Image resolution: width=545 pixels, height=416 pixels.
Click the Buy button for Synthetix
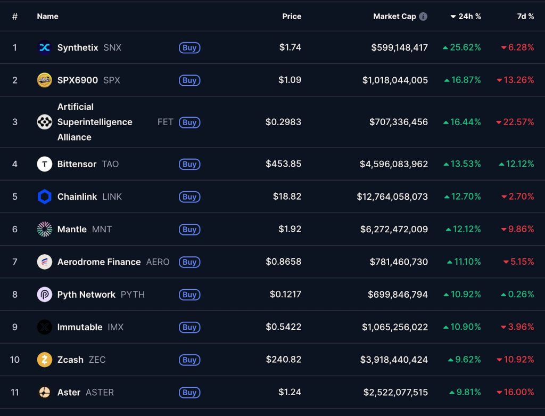click(189, 47)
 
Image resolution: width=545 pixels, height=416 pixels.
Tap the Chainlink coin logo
click(44, 197)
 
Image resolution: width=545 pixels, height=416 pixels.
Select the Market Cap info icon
click(423, 17)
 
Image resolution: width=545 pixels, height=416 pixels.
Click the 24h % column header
click(466, 17)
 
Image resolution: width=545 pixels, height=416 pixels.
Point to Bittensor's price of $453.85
click(283, 164)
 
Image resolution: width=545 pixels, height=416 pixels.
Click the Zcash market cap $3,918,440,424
click(394, 360)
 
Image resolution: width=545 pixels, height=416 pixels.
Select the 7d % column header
click(525, 17)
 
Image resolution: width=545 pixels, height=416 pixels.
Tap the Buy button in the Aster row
click(189, 393)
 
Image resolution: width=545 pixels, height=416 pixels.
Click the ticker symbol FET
click(165, 122)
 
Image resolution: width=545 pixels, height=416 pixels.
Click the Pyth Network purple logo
click(44, 295)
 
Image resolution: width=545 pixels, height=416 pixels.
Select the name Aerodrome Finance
click(99, 262)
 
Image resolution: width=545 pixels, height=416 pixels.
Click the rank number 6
click(15, 229)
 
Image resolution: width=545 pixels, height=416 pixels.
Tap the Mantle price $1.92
click(290, 229)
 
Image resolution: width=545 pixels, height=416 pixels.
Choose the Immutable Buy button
click(189, 327)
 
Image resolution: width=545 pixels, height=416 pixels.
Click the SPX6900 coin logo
click(44, 80)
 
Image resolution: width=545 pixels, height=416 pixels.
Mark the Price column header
click(292, 17)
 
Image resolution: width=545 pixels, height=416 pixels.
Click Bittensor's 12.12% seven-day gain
click(518, 164)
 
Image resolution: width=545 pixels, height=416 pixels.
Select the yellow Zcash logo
click(44, 360)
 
